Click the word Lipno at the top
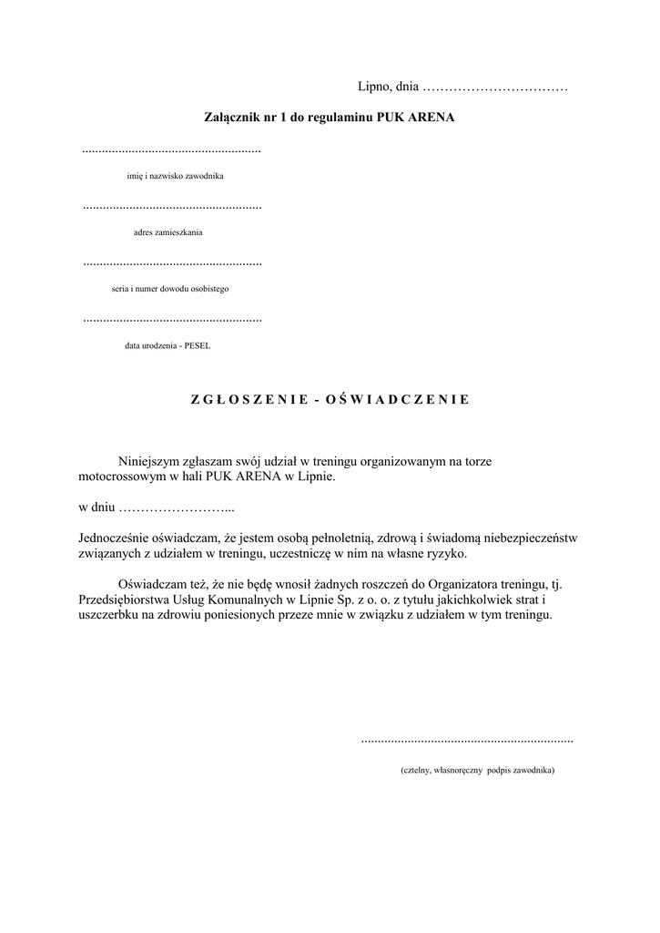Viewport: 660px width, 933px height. (x=374, y=87)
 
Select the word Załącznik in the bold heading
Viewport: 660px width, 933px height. (x=230, y=118)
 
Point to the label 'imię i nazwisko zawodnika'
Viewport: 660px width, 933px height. (x=175, y=176)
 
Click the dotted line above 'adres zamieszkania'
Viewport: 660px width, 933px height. (x=172, y=207)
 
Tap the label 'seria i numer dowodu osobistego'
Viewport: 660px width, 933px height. (x=165, y=289)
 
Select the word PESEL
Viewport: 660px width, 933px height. (x=197, y=345)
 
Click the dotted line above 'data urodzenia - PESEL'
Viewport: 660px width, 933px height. (x=172, y=320)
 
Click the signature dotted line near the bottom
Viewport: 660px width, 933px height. (x=467, y=741)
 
